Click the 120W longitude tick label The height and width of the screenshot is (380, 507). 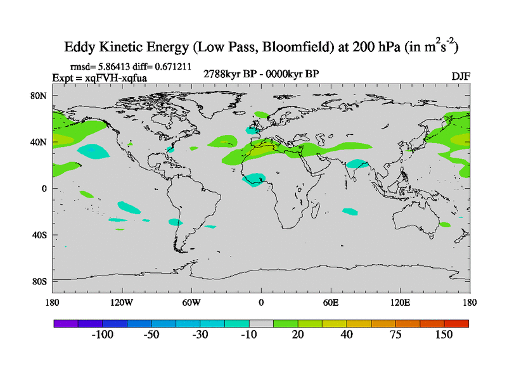pos(121,302)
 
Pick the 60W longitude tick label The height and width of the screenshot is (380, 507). pos(191,302)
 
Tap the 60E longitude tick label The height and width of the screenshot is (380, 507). pos(331,302)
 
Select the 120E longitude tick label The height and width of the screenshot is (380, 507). pos(401,302)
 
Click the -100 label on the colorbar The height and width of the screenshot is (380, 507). pos(101,335)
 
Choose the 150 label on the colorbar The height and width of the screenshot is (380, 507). pos(444,335)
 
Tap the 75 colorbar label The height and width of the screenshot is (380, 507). pos(395,335)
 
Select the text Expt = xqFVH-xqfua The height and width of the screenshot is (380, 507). pos(99,77)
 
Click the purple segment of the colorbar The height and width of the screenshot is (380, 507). pos(65,323)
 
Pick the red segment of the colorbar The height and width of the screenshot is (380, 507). pos(456,323)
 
